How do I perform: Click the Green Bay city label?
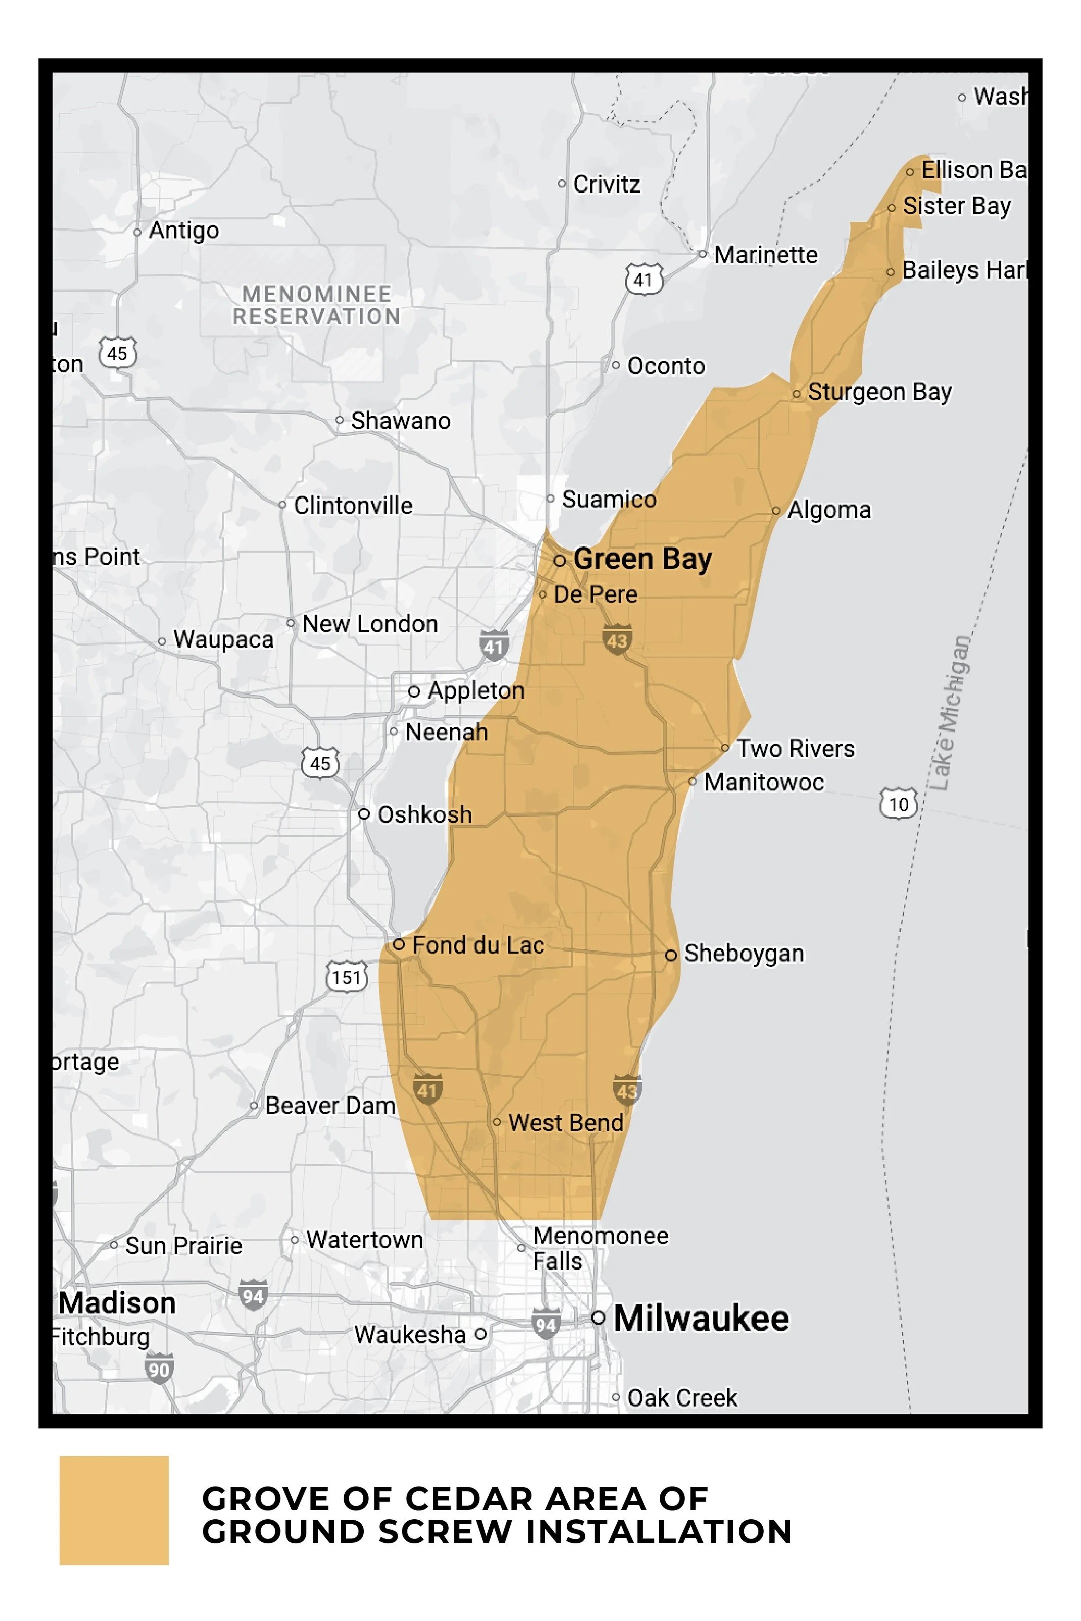(642, 559)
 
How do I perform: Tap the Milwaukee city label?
(700, 1318)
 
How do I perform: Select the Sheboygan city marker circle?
(670, 955)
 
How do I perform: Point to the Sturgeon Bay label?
(879, 392)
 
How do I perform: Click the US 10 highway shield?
(898, 804)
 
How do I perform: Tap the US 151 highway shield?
(346, 977)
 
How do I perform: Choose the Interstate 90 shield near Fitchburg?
(158, 1369)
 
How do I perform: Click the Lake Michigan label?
(951, 713)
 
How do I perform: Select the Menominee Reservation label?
(316, 305)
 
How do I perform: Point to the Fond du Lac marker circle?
(399, 944)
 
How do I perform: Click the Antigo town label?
(184, 230)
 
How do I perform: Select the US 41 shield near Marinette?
(643, 279)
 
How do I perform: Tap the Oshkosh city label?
(425, 814)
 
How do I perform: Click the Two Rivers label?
(796, 749)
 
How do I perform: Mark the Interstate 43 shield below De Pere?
(616, 640)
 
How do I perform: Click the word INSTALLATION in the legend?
(658, 1532)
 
